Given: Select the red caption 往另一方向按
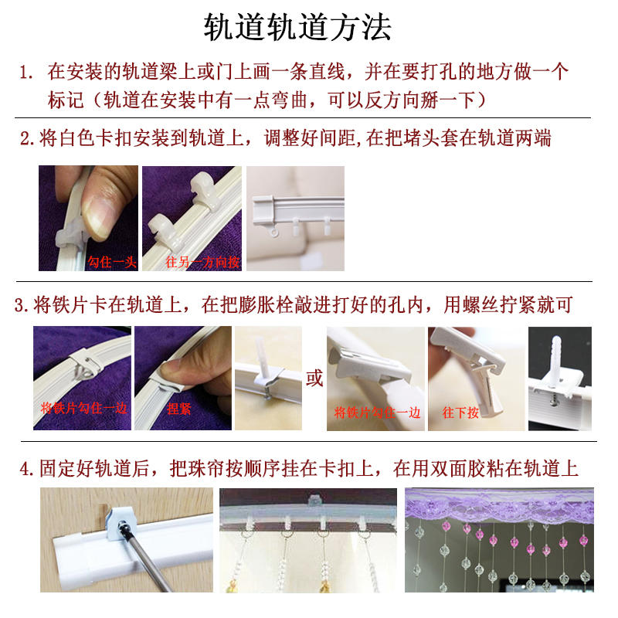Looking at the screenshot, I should point(202,263).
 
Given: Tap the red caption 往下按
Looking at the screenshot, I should point(460,413).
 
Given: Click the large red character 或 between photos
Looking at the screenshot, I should point(314,379).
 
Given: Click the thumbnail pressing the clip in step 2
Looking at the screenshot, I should point(88,218).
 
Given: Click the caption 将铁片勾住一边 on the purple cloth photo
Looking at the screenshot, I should point(83,409).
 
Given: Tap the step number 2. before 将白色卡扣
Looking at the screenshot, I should point(27,139).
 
